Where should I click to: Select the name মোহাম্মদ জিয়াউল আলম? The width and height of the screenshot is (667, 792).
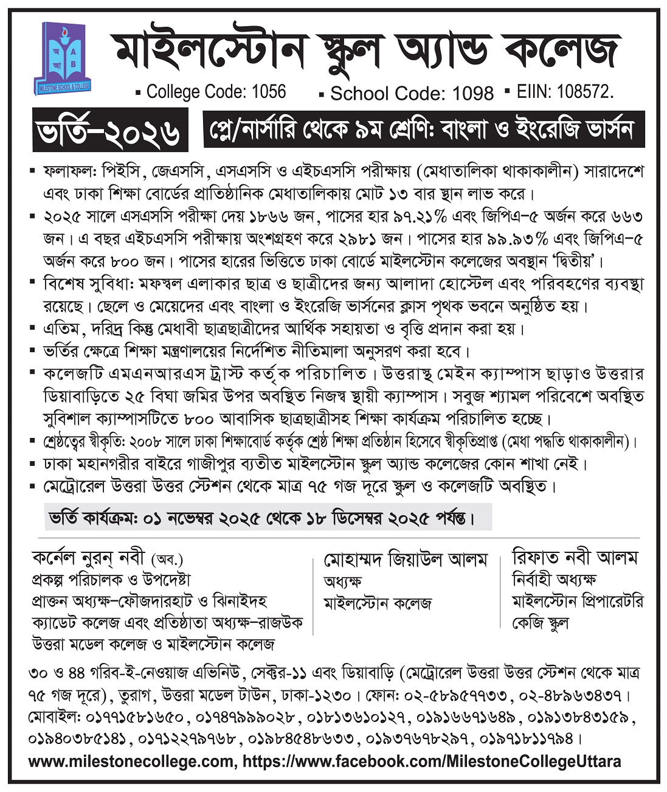pos(406,560)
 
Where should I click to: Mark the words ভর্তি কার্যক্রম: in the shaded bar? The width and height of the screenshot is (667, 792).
pos(94,519)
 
